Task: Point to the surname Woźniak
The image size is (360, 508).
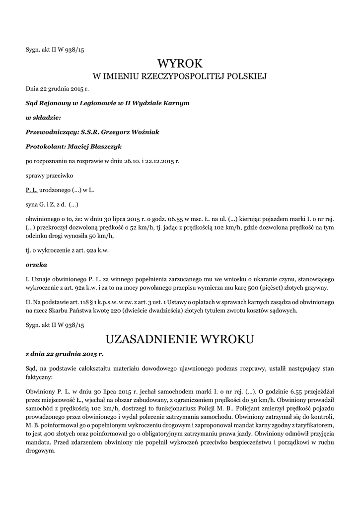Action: coord(144,132)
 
